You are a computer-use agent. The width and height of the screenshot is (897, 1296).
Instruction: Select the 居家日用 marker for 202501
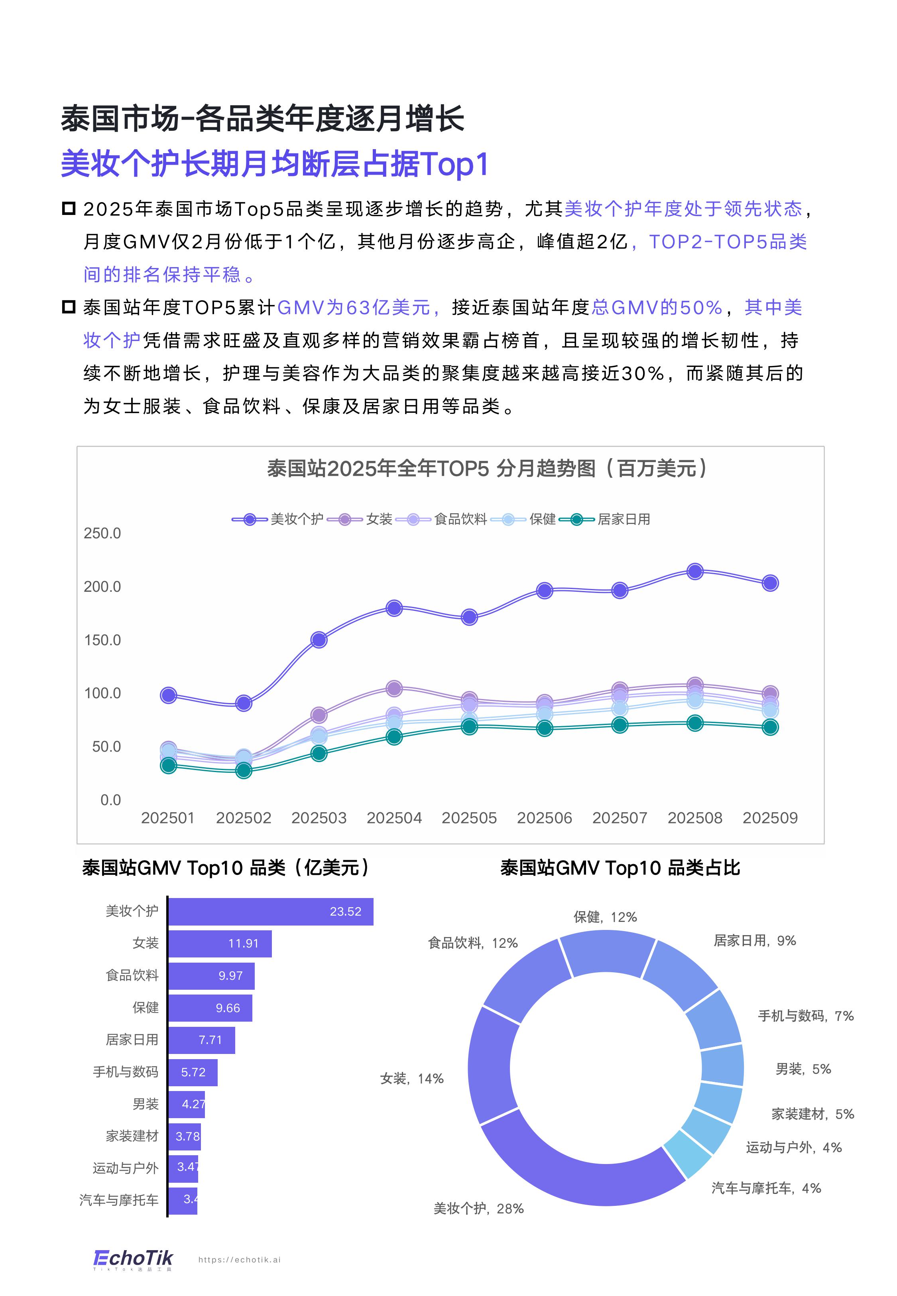point(168,766)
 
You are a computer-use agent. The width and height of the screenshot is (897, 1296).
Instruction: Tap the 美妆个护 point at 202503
point(319,640)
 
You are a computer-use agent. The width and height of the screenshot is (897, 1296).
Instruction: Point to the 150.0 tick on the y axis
point(102,640)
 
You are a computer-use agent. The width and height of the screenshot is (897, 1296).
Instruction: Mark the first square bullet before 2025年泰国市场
point(69,209)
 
